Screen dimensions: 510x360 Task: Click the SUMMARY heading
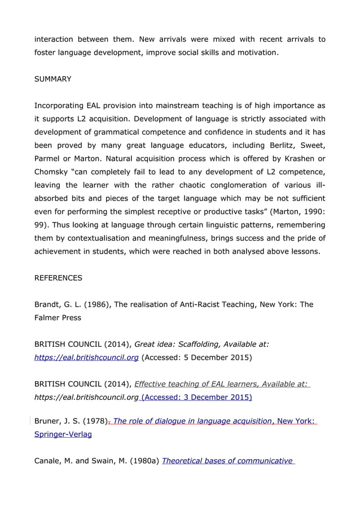click(x=53, y=79)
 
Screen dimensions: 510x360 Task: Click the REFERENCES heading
click(x=58, y=278)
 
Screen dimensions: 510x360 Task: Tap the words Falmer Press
click(x=58, y=317)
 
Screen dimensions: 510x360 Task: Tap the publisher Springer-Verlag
click(x=63, y=435)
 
